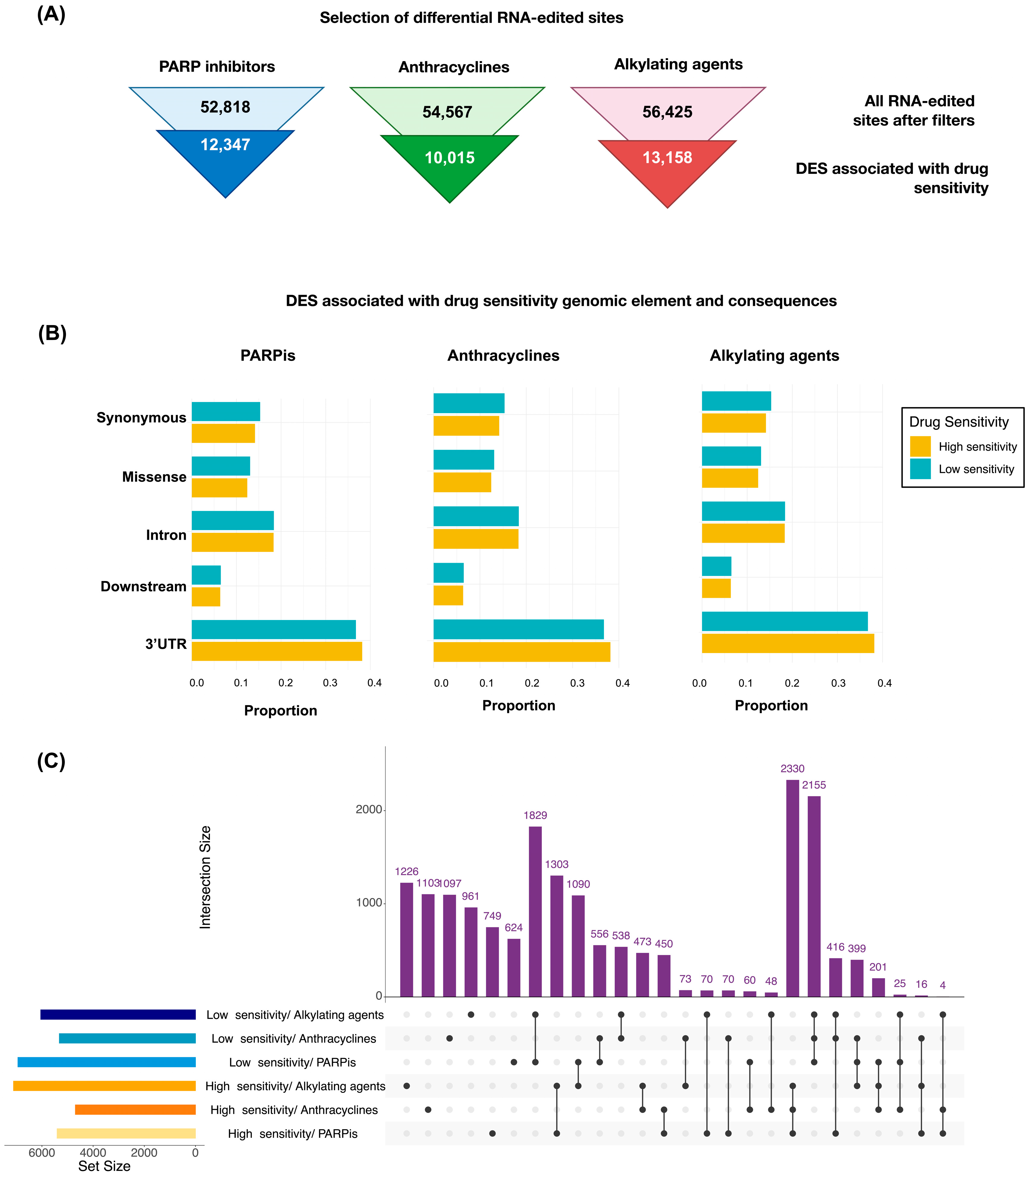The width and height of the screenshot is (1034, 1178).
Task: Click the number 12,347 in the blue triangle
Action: [225, 145]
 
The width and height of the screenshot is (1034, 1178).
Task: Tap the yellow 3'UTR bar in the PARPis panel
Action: [277, 651]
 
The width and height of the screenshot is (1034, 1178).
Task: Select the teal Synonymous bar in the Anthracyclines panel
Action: [469, 403]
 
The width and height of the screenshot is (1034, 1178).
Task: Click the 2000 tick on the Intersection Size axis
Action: [369, 810]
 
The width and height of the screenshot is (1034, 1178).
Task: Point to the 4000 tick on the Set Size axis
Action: [93, 1153]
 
